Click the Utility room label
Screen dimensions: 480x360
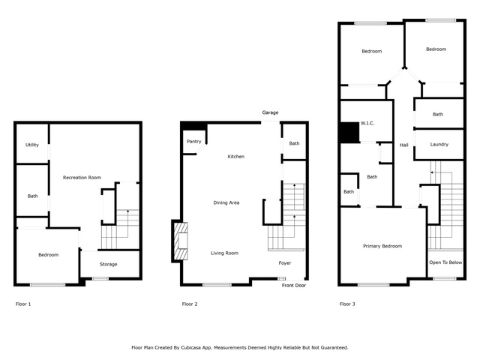click(x=32, y=145)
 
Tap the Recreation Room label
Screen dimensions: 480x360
click(x=82, y=178)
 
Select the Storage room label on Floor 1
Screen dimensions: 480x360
click(x=108, y=264)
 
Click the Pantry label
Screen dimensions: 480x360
click(x=194, y=142)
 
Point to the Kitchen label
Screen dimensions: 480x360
click(x=236, y=157)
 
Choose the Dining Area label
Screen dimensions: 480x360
click(x=226, y=202)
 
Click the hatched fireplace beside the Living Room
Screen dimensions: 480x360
click(x=181, y=241)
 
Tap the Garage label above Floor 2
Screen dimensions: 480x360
click(x=270, y=112)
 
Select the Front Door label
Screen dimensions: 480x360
click(x=294, y=285)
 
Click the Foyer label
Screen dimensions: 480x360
click(x=285, y=263)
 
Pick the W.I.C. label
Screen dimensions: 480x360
click(x=367, y=123)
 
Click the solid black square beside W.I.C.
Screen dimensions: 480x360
click(x=350, y=132)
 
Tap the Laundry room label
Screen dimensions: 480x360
click(x=439, y=145)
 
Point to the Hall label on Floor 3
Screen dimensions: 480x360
click(x=404, y=145)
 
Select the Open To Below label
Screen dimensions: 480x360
click(x=445, y=262)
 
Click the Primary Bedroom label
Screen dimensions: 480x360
click(x=382, y=246)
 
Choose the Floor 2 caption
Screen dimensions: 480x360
click(x=190, y=304)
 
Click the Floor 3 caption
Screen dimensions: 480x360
click(x=347, y=304)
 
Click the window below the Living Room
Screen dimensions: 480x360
click(x=217, y=285)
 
